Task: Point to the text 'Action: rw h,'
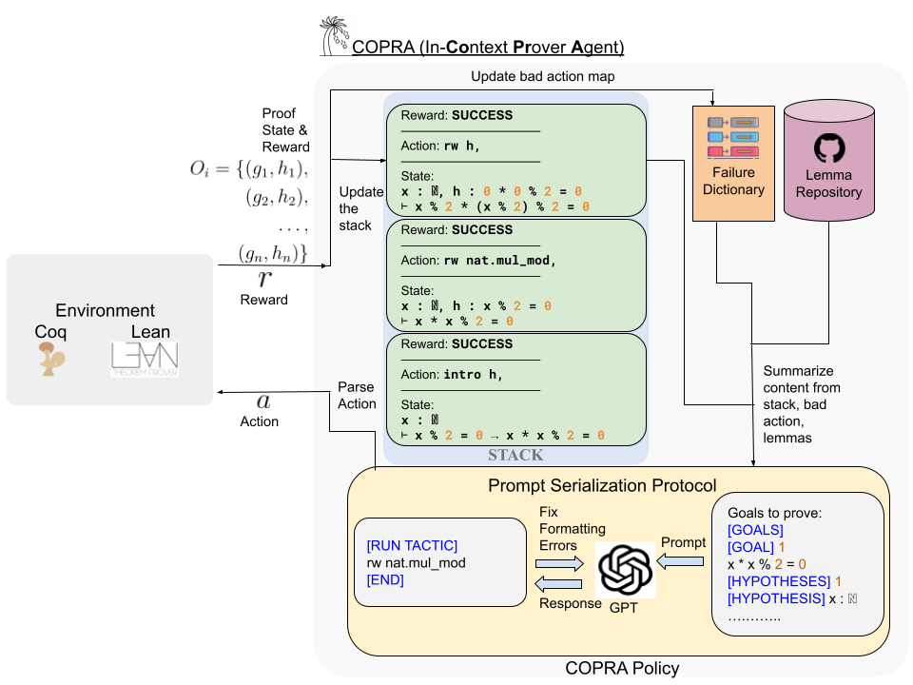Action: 439,146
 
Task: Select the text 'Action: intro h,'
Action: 451,374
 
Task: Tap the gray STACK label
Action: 516,455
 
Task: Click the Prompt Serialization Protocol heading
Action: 602,485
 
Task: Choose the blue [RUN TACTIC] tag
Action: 412,545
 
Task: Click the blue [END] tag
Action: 385,579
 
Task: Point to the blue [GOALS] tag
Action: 755,530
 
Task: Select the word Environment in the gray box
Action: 105,311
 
